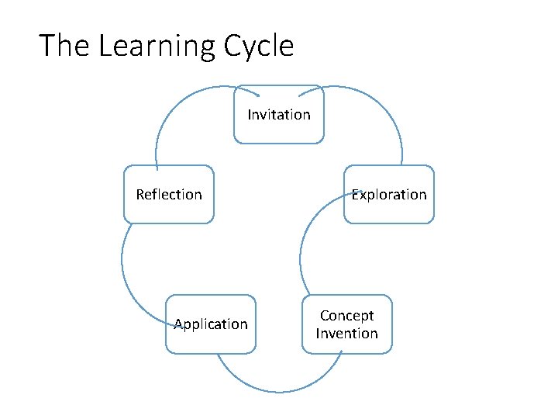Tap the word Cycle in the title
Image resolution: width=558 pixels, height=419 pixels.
click(259, 47)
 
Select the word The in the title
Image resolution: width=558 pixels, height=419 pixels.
click(64, 46)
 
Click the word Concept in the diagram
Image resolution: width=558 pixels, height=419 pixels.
click(346, 316)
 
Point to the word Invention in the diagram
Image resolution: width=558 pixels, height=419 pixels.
click(346, 334)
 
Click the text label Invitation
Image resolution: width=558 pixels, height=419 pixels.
click(279, 115)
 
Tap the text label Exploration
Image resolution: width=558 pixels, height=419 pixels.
click(389, 195)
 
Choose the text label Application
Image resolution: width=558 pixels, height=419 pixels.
click(211, 324)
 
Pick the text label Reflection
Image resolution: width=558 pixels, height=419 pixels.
click(169, 195)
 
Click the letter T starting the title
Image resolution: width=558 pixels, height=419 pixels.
click(47, 46)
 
